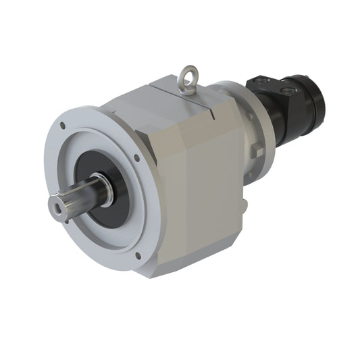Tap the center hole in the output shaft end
pos(59,206)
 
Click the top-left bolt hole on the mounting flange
pos(62,126)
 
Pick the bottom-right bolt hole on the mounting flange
pos(139,255)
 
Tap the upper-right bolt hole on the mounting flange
pos(136,158)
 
